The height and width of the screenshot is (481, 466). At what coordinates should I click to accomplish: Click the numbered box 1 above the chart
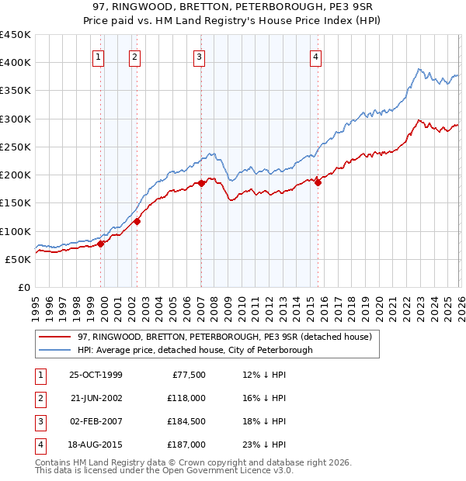(x=99, y=56)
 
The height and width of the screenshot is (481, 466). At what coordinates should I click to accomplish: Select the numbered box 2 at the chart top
(x=134, y=56)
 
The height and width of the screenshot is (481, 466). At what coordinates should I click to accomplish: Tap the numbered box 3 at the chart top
(x=199, y=56)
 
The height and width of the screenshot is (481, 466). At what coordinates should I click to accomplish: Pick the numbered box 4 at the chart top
(x=316, y=56)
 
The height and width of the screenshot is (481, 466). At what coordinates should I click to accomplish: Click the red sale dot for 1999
(x=101, y=244)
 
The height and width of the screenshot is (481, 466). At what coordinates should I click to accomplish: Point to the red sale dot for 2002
(x=137, y=221)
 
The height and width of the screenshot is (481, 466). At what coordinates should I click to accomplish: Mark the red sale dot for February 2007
(x=200, y=184)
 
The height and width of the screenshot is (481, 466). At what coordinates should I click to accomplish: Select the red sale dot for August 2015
(x=318, y=182)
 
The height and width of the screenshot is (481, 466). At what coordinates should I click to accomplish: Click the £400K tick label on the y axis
(x=16, y=63)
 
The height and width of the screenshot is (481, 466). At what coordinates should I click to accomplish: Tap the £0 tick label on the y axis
(x=23, y=287)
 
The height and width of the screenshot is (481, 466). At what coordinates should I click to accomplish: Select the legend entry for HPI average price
(x=195, y=350)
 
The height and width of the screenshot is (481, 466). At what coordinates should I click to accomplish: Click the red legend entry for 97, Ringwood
(x=225, y=337)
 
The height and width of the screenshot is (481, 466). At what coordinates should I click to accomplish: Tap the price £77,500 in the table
(x=186, y=374)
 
